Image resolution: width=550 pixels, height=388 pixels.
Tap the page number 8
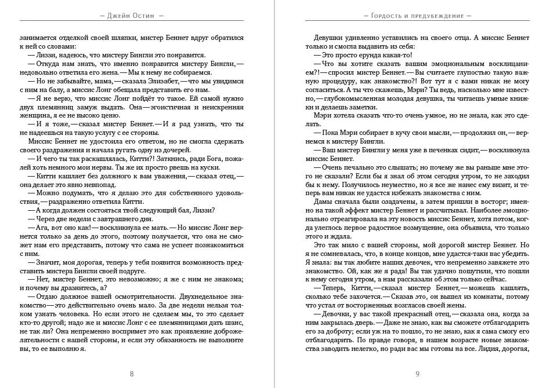click(x=132, y=374)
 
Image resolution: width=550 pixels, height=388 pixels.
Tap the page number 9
click(x=417, y=374)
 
